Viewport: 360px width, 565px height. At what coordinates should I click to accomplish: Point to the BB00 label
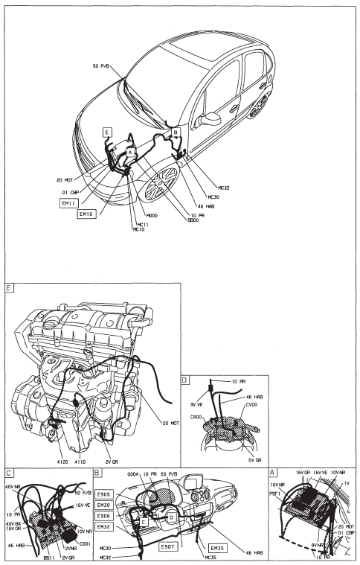click(177, 222)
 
